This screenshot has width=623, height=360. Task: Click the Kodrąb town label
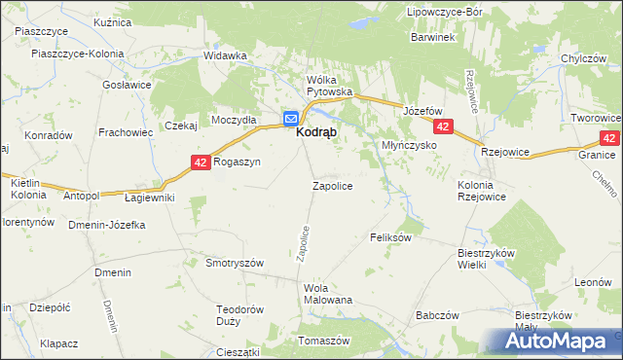[317, 139]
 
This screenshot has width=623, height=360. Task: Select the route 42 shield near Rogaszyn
[200, 162]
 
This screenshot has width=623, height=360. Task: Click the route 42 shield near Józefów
[444, 127]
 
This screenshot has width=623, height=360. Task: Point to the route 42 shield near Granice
[609, 139]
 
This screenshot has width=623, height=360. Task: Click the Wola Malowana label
[328, 294]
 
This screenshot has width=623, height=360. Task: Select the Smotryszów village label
[235, 263]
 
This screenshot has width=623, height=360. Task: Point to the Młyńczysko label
[407, 145]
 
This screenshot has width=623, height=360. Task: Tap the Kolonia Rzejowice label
[483, 192]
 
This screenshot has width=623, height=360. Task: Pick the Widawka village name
[225, 55]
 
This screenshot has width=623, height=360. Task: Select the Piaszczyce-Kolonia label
[69, 55]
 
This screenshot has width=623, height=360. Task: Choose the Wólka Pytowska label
[329, 86]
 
